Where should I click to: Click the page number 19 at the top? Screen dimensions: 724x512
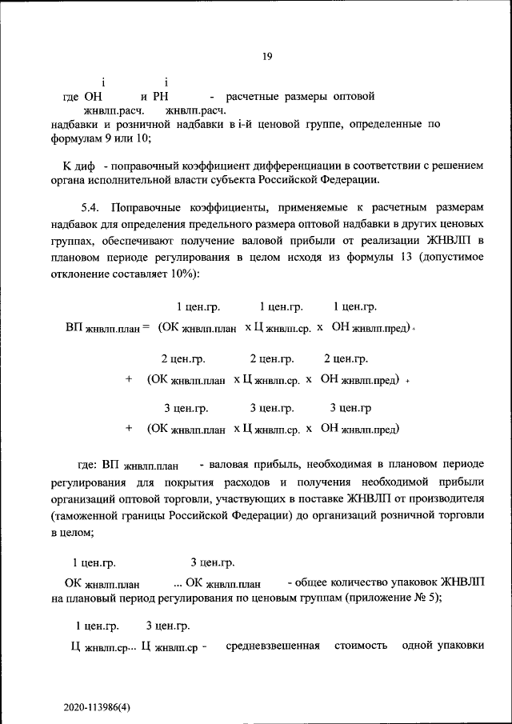267,56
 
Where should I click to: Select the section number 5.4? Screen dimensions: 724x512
92,207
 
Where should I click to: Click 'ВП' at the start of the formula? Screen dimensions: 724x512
72,327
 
